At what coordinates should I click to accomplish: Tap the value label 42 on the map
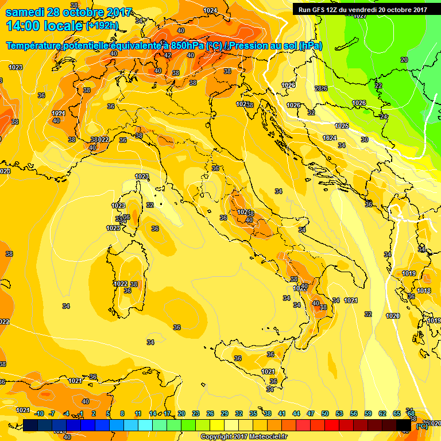pyautogui.click(x=168, y=55)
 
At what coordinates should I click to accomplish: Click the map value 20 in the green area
pyautogui.click(x=404, y=60)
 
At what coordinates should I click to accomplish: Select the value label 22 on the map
pyautogui.click(x=378, y=86)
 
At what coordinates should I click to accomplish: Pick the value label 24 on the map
pyautogui.click(x=384, y=117)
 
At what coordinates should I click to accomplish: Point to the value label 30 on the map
pyautogui.click(x=364, y=140)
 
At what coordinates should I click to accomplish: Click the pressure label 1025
pyautogui.click(x=342, y=126)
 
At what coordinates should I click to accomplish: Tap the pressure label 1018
pyautogui.click(x=424, y=291)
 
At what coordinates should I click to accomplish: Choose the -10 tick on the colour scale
pyautogui.click(x=39, y=413)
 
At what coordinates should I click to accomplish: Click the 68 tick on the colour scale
pyautogui.click(x=411, y=413)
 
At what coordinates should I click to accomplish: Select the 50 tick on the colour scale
pyautogui.click(x=324, y=413)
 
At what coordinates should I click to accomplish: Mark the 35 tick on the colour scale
pyautogui.click(x=253, y=413)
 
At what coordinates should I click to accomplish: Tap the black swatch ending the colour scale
pyautogui.click(x=403, y=425)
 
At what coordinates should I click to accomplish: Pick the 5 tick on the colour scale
pyautogui.click(x=109, y=413)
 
